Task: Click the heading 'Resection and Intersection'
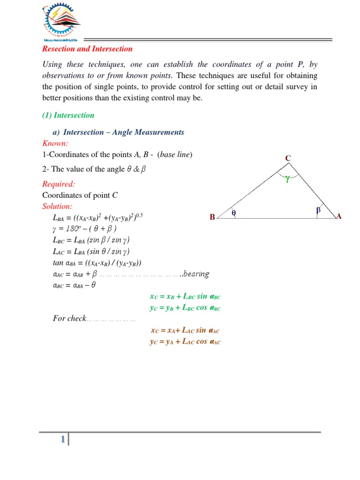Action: click(x=87, y=49)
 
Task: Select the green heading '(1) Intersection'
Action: click(x=68, y=115)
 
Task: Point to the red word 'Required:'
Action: click(x=59, y=184)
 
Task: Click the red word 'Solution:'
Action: click(x=58, y=206)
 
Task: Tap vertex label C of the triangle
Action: click(x=288, y=159)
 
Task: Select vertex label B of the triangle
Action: click(x=212, y=217)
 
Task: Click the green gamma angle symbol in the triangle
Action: click(x=287, y=178)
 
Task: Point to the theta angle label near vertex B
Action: click(x=233, y=213)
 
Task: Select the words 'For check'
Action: click(x=69, y=319)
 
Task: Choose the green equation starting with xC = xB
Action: click(x=185, y=296)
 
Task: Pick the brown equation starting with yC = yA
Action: click(x=185, y=342)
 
